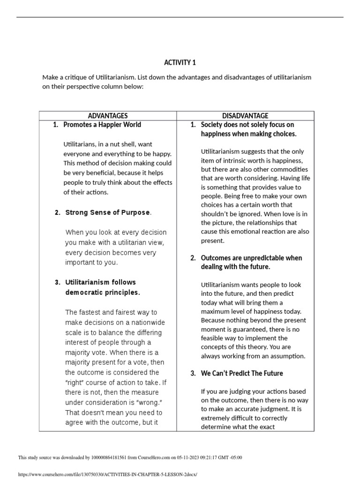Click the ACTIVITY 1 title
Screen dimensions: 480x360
pyautogui.click(x=177, y=62)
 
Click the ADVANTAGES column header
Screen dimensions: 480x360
pyautogui.click(x=108, y=116)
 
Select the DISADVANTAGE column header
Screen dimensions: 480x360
pyautogui.click(x=245, y=116)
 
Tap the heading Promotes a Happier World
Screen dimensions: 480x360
pyautogui.click(x=102, y=125)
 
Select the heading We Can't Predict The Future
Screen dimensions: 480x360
pyautogui.click(x=241, y=373)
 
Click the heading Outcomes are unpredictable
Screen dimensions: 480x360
pyautogui.click(x=251, y=262)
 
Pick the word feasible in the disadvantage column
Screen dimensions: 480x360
pyautogui.click(x=212, y=338)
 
